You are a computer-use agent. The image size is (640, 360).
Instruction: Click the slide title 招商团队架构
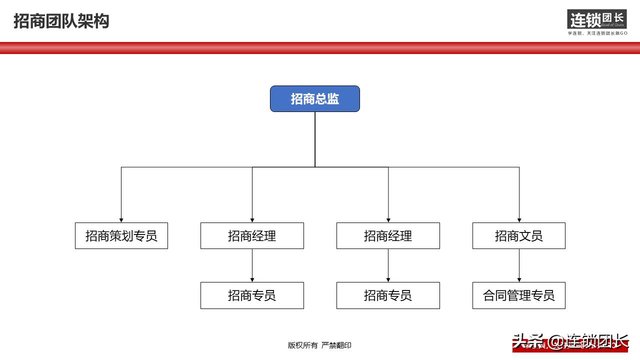pos(61,21)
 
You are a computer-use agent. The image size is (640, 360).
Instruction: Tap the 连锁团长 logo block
pos(596,19)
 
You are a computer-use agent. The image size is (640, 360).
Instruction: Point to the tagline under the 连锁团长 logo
pos(597,33)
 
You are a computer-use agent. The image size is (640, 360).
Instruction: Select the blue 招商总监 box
pos(314,98)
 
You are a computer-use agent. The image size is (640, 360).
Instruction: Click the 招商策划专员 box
pos(121,235)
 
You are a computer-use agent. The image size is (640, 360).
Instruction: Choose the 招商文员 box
pos(518,235)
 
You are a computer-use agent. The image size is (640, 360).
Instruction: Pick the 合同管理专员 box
pos(518,295)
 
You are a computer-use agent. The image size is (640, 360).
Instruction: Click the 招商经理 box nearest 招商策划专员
pos(252,235)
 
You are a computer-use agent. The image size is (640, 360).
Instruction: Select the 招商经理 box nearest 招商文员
pos(388,235)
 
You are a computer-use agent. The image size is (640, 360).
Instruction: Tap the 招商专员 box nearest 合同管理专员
pos(388,295)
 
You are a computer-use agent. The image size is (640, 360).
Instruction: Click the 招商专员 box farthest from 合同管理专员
pos(252,295)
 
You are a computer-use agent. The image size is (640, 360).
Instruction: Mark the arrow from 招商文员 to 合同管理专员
pos(519,265)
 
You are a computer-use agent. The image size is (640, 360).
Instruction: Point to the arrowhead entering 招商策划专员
pos(121,220)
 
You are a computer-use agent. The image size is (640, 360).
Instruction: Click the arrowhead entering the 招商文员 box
pos(519,220)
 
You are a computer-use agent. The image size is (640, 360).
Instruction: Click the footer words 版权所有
pos(302,345)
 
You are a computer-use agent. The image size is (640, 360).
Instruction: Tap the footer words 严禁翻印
pos(336,345)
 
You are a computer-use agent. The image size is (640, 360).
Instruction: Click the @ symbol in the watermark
pos(557,342)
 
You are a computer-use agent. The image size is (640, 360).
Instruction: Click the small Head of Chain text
pos(613,24)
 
